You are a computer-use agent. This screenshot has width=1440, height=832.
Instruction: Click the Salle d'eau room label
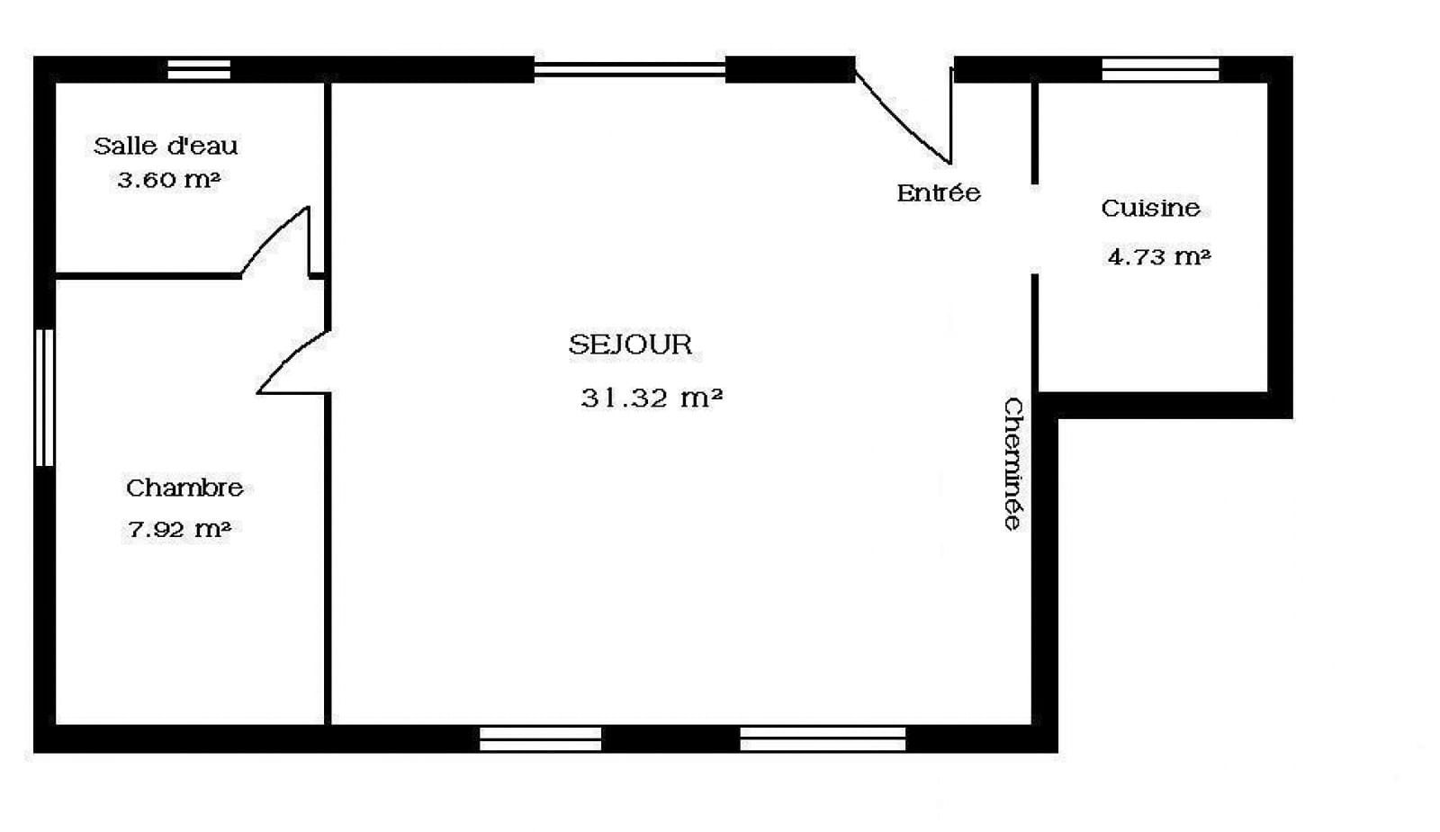point(166,146)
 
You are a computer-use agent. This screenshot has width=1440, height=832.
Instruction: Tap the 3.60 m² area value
point(169,179)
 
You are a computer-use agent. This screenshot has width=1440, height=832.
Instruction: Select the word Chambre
point(184,488)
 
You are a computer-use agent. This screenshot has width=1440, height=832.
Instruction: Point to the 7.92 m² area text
point(179,530)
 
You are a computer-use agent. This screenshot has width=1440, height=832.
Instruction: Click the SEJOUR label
point(630,345)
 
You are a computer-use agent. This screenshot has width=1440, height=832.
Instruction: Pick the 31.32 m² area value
point(652,398)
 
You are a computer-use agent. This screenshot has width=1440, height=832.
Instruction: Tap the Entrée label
point(939,192)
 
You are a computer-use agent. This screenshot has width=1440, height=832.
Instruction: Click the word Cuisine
point(1151,208)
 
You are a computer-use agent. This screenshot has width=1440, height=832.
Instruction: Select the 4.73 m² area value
point(1159,257)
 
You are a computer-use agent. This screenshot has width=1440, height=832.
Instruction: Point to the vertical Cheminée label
point(1013,464)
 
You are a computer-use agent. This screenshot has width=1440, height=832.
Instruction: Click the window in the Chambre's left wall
point(44,398)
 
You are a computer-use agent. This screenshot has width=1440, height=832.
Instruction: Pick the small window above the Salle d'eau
point(199,69)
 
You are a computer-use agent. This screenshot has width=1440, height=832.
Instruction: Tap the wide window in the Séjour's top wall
point(629,69)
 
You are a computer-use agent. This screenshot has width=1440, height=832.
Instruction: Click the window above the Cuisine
point(1160,69)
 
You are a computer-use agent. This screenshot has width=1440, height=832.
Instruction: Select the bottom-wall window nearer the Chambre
point(540,738)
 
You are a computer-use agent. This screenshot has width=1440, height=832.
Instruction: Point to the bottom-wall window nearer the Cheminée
point(823,738)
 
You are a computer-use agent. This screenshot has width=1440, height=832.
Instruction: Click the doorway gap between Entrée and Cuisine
point(1034,229)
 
